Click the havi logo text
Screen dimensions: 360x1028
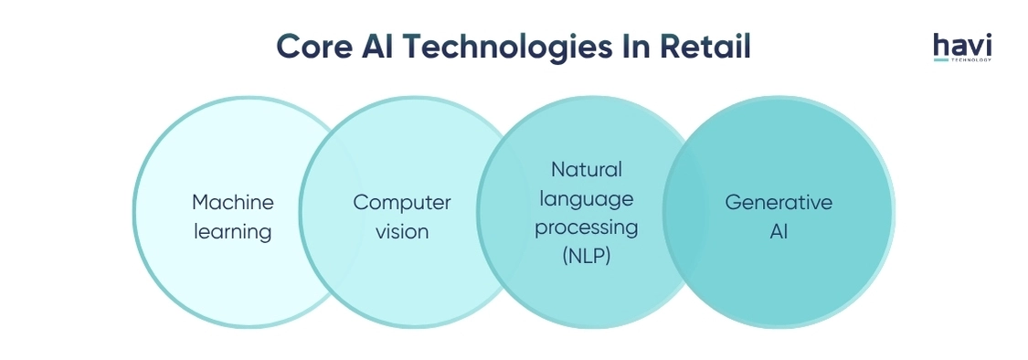(962, 44)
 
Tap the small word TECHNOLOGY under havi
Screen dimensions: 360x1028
(971, 60)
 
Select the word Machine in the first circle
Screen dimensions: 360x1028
(233, 202)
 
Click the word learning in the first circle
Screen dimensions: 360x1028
(233, 231)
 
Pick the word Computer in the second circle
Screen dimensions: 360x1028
(402, 202)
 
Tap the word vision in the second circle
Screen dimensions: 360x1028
(402, 231)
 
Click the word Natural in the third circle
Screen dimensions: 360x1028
(586, 169)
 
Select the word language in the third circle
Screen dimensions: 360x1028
(586, 198)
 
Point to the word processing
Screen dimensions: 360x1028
(586, 228)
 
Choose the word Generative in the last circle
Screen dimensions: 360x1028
(779, 202)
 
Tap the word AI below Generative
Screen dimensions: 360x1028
(779, 231)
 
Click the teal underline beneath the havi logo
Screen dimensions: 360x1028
(940, 60)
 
